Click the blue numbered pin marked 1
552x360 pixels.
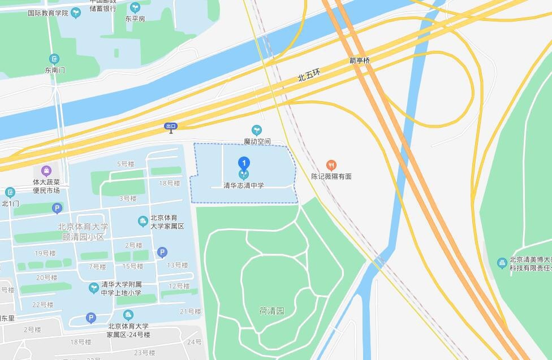coord(244,163)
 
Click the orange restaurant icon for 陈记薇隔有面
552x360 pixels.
coord(331,166)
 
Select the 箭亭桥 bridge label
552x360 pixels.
coord(359,60)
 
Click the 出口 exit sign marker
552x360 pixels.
coord(171,127)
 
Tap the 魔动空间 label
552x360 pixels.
coord(257,141)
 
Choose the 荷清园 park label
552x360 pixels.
coord(271,311)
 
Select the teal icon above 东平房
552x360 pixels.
coord(135,8)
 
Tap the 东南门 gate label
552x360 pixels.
coord(55,70)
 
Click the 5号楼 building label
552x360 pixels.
coord(126,164)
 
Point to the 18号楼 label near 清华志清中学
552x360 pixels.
coord(169,183)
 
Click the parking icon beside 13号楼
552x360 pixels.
coord(162,253)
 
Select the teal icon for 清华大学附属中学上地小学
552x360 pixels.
coord(94,288)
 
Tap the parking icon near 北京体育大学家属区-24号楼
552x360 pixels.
coord(90,318)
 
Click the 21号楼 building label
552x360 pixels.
coord(191,311)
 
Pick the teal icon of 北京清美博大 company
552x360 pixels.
coord(502,263)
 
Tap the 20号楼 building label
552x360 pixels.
coord(46,277)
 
